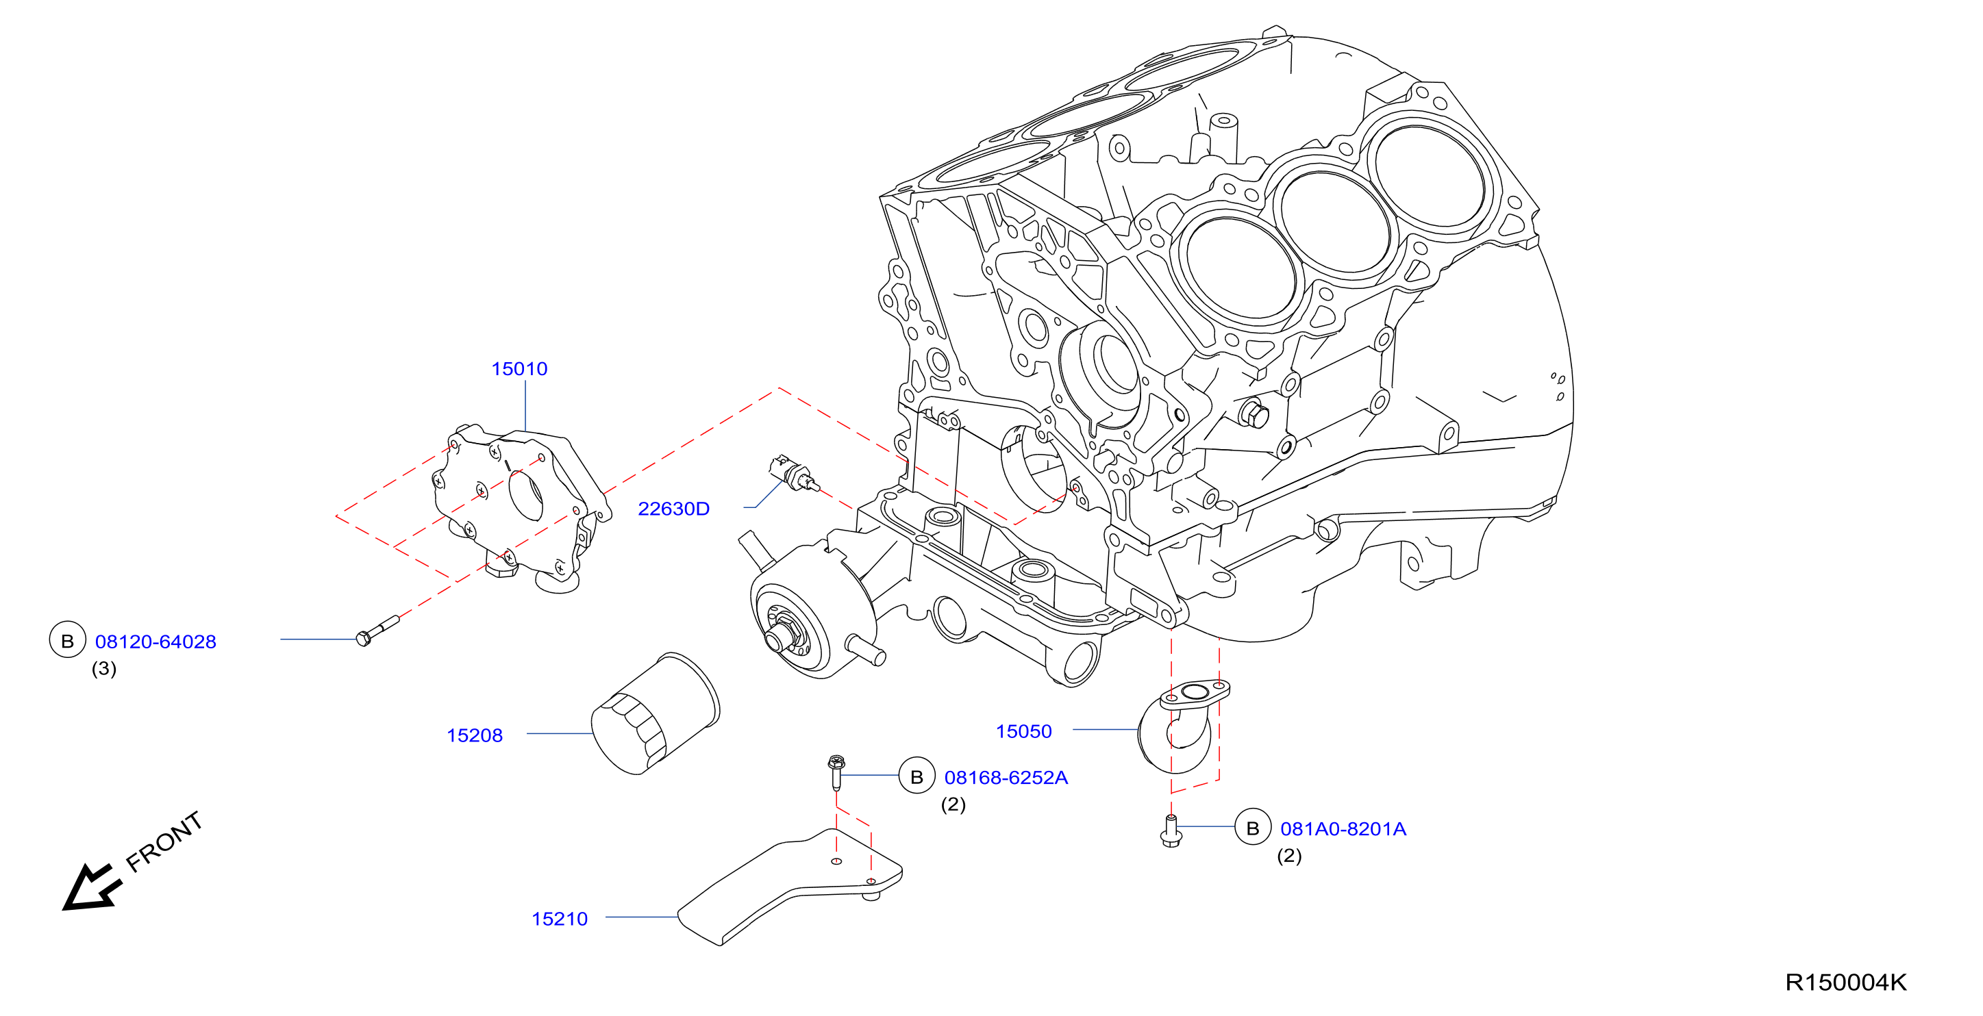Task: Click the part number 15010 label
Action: pos(520,369)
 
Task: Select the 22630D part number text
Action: pos(673,509)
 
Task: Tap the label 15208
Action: pos(474,735)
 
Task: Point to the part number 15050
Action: pos(1024,731)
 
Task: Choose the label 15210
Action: pos(560,919)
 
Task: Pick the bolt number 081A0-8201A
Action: pos(1343,829)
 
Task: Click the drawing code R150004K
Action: pos(1846,982)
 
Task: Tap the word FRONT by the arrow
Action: pos(164,841)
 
